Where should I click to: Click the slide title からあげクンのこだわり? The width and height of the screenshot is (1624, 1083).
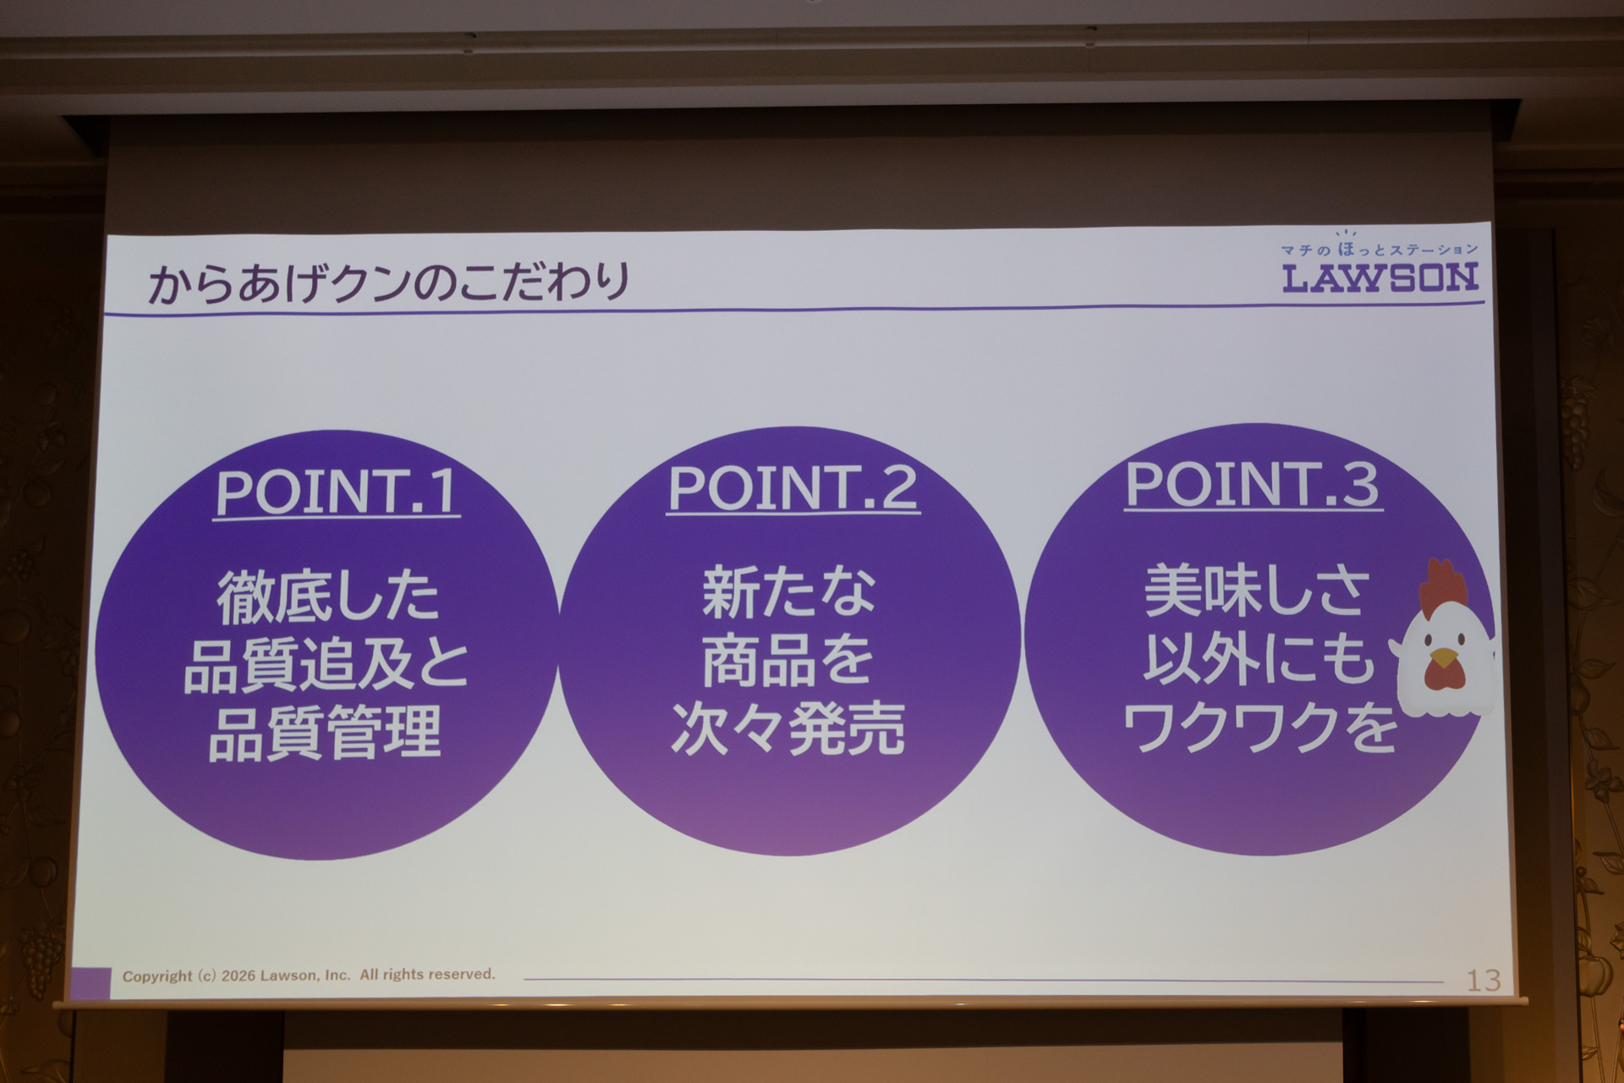pyautogui.click(x=389, y=283)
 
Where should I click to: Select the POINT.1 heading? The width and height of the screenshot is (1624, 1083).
pyautogui.click(x=336, y=492)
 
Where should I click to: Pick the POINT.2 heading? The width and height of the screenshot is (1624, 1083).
pyautogui.click(x=793, y=488)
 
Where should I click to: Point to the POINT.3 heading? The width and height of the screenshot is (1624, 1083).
pyautogui.click(x=1253, y=485)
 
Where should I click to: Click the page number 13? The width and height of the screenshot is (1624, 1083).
pyautogui.click(x=1483, y=981)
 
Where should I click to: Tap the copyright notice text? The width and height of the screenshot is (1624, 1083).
pyautogui.click(x=309, y=976)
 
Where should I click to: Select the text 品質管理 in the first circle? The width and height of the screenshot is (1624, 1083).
pyautogui.click(x=325, y=734)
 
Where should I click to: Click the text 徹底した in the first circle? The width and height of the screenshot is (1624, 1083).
pyautogui.click(x=328, y=596)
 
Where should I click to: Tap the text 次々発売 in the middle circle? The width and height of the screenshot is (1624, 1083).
pyautogui.click(x=788, y=728)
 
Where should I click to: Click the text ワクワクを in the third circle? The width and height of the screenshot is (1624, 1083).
pyautogui.click(x=1259, y=728)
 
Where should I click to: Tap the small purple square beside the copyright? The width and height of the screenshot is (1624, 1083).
pyautogui.click(x=91, y=982)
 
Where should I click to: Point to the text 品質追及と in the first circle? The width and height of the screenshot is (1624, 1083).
pyautogui.click(x=326, y=665)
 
